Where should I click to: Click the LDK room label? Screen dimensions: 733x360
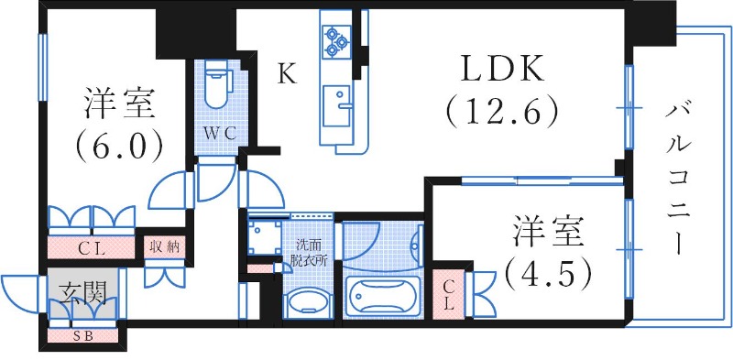pos(502,69)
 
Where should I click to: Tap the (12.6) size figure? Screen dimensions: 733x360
pos(502,112)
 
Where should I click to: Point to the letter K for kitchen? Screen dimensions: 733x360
pos(288,74)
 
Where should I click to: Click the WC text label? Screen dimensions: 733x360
pos(220,133)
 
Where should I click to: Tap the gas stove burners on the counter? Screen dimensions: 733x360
pos(335,37)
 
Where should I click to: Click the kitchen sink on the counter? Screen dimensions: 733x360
pos(336,98)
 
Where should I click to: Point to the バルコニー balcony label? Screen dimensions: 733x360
pos(679,178)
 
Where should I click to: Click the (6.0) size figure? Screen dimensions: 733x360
pos(121,144)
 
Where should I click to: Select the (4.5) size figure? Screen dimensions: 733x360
pos(546,272)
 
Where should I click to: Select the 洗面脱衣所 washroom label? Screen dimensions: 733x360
pos(306,252)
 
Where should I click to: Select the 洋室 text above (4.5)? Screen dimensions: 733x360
pos(547,233)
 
